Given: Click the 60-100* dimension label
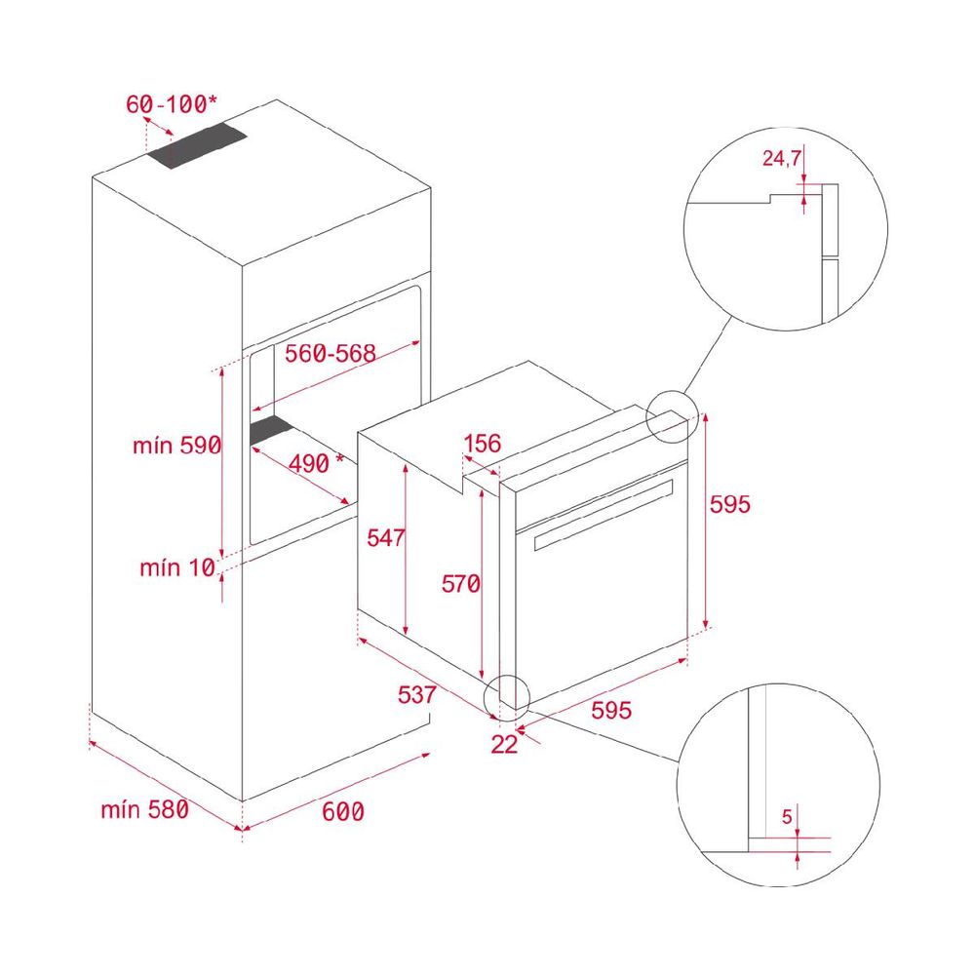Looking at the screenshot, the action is pos(172,104).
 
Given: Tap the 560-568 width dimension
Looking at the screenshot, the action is pos(331,353).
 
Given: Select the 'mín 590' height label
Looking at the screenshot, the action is pos(177,446).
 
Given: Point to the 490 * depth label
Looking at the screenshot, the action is pos(316,463).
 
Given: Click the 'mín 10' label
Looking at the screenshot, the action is pos(177,567).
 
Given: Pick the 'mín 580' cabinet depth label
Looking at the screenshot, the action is pos(145,809).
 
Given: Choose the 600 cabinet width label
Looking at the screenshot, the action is pos(343,811).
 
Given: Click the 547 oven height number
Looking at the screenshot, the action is pos(385,538).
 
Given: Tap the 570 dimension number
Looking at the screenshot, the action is pos(461,583).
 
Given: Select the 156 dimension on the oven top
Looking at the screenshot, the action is pos(483,444).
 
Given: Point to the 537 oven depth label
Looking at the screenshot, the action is pos(416,694).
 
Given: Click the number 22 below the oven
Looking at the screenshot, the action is pos(504,744).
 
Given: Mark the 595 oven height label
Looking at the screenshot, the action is pos(730,504).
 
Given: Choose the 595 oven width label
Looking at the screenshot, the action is pos(611,710).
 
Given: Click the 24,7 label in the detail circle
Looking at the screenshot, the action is pos(782,158).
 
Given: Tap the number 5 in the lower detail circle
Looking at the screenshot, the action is pos(787,816).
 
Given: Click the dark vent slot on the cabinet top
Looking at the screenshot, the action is pos(197,145).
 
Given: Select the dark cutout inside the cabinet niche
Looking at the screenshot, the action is pos(271,430).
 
